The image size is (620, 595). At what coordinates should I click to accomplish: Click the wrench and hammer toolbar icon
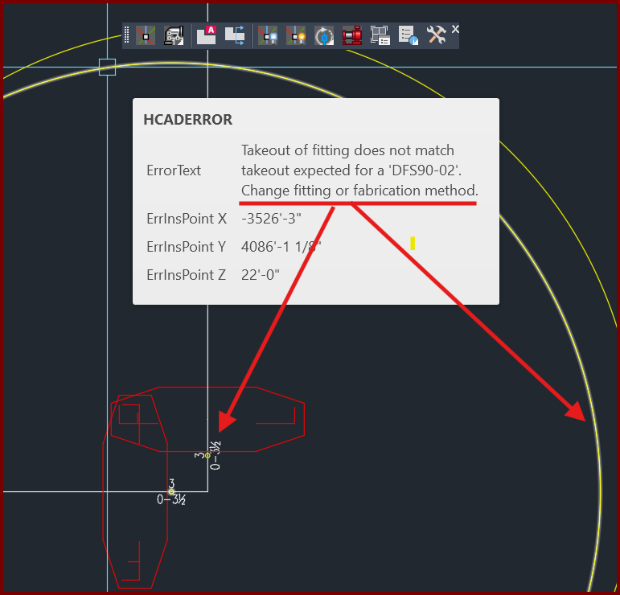[x=437, y=35]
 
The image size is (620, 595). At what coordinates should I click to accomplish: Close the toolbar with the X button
[x=455, y=29]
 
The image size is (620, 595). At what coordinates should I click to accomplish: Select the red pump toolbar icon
[x=352, y=35]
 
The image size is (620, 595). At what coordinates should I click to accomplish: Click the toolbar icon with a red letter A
[x=207, y=35]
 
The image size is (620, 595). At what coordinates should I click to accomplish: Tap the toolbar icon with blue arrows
[x=235, y=35]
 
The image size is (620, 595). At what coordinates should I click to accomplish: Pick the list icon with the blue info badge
[x=408, y=35]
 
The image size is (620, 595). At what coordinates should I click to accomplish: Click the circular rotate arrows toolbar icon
[x=324, y=35]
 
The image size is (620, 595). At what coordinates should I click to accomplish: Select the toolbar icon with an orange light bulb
[x=296, y=35]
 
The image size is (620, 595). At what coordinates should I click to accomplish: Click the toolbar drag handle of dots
[x=126, y=35]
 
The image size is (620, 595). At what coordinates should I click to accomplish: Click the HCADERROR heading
[x=188, y=119]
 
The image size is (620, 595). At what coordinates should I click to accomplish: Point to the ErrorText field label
[x=174, y=170]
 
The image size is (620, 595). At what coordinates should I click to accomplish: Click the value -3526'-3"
[x=271, y=218]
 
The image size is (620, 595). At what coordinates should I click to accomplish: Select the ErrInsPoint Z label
[x=187, y=274]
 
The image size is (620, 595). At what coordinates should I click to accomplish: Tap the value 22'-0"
[x=261, y=274]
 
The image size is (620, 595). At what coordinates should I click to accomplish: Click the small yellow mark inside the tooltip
[x=413, y=243]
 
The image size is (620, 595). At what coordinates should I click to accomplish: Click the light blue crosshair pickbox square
[x=107, y=67]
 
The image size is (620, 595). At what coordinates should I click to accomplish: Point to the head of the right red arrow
[x=578, y=413]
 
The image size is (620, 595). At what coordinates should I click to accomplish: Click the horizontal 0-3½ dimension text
[x=171, y=500]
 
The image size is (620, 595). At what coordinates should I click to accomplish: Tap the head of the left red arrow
[x=225, y=423]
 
